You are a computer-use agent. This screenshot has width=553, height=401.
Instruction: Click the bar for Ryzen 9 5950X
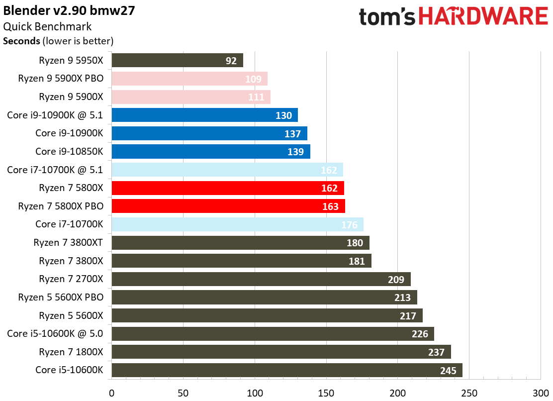coord(177,60)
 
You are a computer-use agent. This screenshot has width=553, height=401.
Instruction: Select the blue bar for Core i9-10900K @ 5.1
coord(204,115)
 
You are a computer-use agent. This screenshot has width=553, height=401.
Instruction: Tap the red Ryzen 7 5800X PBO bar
coord(228,206)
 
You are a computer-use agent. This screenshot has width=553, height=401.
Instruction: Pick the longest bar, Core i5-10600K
coord(286,370)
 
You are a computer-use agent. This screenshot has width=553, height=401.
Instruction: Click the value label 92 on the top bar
coord(231,61)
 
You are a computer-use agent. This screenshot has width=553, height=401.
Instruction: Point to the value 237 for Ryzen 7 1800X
coord(437,352)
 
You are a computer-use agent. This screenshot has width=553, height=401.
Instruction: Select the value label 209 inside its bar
coord(396,279)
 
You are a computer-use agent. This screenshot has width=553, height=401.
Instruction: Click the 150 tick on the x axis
coord(326,392)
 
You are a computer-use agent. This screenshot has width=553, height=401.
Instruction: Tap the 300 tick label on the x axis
coord(541,392)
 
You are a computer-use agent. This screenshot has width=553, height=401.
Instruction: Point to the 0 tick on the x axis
coord(111,392)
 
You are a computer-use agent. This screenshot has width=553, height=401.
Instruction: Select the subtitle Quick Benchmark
coord(47,26)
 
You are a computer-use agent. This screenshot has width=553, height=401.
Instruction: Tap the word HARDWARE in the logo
coord(482,16)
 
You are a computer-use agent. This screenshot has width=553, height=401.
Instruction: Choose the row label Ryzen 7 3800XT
coord(69,242)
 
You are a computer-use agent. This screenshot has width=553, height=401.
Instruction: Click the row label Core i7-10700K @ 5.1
coord(55,170)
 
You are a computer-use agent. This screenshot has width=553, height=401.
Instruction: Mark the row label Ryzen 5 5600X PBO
coord(61,297)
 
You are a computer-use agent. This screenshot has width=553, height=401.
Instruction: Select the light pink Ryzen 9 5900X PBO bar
coord(189,79)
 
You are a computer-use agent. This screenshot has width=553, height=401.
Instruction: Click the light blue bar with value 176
coord(237,224)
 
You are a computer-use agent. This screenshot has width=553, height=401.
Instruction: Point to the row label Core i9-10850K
coord(69,151)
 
